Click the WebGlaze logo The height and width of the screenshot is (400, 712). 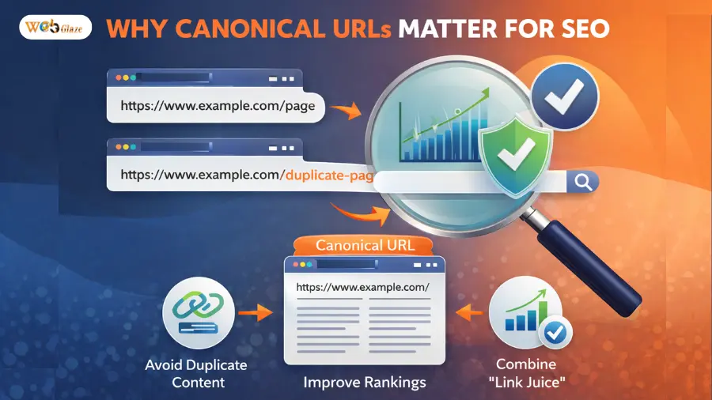click(x=55, y=28)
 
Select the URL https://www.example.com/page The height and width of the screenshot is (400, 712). click(x=218, y=104)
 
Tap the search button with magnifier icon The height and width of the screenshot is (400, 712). click(x=583, y=183)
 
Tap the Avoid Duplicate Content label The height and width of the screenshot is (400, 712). click(x=197, y=373)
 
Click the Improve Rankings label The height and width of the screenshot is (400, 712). click(x=365, y=383)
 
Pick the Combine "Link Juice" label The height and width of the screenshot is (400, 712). click(x=525, y=373)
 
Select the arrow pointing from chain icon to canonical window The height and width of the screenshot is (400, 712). click(x=256, y=313)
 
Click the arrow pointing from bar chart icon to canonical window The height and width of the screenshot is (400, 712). click(x=470, y=313)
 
